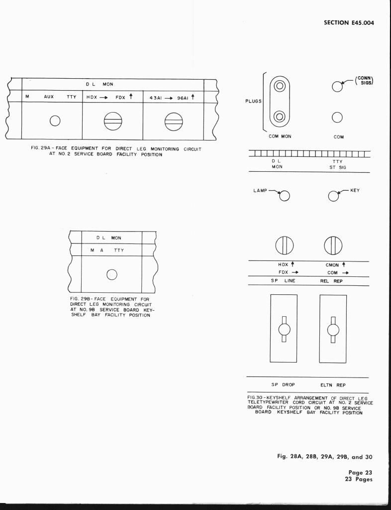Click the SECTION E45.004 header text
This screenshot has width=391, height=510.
[349, 22]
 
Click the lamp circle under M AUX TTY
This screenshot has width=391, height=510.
[55, 121]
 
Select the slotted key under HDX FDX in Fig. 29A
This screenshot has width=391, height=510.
[113, 121]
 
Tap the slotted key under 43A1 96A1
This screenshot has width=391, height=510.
[174, 122]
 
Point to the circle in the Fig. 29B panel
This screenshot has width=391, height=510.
[112, 275]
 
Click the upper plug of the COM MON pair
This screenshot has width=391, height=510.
[280, 86]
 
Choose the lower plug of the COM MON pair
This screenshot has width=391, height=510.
[280, 116]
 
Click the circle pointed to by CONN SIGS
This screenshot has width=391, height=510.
[337, 87]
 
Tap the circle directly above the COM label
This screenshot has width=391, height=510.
[337, 118]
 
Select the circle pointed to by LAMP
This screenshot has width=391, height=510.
[284, 196]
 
